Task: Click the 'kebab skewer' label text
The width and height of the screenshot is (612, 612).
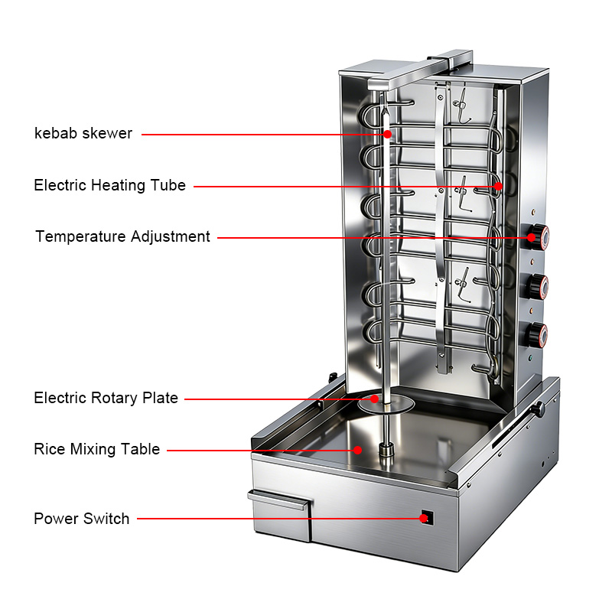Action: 83,133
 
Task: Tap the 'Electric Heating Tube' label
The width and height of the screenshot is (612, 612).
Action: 109,185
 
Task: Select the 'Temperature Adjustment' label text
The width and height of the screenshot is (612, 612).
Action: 122,236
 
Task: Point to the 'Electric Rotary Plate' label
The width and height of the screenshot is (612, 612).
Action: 106,398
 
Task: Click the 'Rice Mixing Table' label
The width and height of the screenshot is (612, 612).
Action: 97,449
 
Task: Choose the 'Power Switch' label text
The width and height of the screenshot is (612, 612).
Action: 81,519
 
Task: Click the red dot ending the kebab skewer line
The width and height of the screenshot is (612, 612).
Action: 387,135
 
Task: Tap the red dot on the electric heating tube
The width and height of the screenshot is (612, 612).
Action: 498,186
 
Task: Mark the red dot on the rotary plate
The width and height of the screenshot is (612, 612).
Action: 374,399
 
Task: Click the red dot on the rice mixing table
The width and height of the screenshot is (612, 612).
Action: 357,450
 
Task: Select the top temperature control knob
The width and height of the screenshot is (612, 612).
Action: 538,236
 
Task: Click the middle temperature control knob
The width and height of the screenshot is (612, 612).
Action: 537,285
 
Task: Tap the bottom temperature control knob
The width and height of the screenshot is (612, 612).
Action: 536,335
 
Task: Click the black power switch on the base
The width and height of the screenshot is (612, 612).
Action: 428,517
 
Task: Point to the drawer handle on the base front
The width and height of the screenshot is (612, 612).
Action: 278,500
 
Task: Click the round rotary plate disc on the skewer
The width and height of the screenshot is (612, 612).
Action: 386,404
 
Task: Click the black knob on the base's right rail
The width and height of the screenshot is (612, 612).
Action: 539,409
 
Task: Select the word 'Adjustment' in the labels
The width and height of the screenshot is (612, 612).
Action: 171,236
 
